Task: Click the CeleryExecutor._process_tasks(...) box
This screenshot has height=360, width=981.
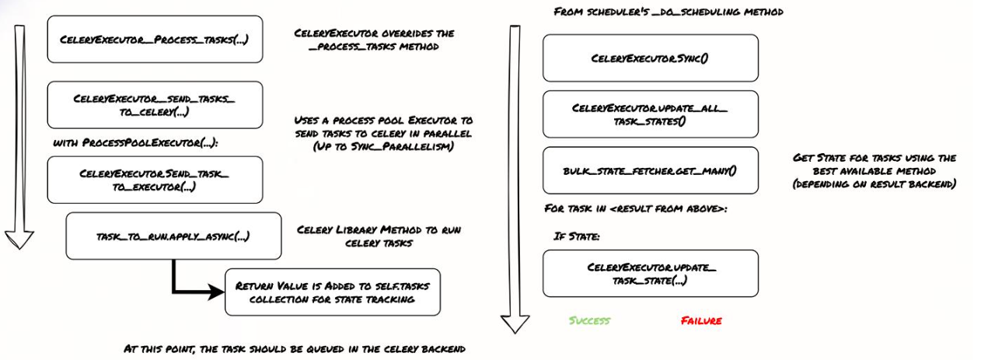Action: (x=155, y=39)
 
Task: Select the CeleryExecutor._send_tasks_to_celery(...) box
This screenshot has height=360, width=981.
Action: (x=155, y=105)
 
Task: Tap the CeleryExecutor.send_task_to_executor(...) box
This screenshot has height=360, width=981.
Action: (x=155, y=180)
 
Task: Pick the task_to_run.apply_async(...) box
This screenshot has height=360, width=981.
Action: (x=173, y=236)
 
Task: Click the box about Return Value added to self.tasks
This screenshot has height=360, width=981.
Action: (x=333, y=292)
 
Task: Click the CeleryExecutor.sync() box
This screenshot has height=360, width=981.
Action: (x=650, y=58)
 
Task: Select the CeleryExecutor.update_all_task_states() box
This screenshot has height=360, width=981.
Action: (x=650, y=114)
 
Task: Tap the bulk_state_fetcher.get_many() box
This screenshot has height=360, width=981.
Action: (x=650, y=170)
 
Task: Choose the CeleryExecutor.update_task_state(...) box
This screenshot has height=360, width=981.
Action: (x=650, y=273)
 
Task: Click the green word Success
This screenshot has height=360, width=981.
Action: (x=589, y=320)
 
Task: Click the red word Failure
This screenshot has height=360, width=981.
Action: (x=701, y=320)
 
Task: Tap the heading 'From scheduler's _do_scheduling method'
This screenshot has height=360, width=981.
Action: (x=667, y=12)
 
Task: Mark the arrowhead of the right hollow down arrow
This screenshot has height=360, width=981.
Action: (x=515, y=323)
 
